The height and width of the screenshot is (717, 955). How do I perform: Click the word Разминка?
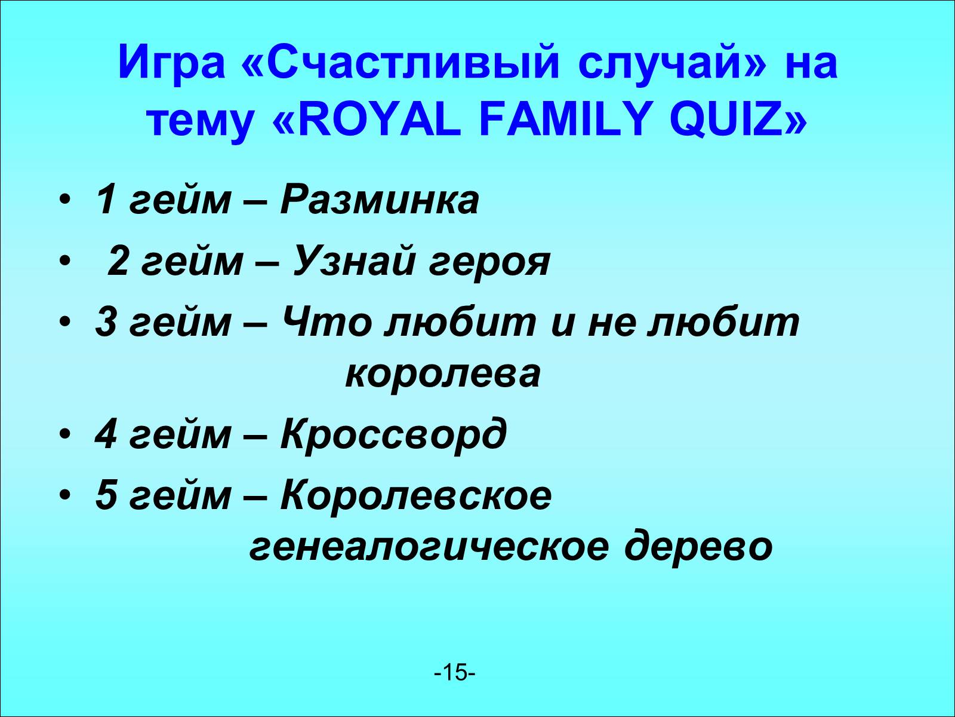[x=380, y=201]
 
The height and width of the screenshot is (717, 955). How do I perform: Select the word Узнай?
[x=354, y=262]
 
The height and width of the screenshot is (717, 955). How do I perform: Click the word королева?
[x=443, y=373]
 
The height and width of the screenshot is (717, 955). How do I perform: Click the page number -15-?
[x=455, y=673]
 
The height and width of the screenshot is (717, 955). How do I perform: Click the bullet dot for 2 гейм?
[x=64, y=262]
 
